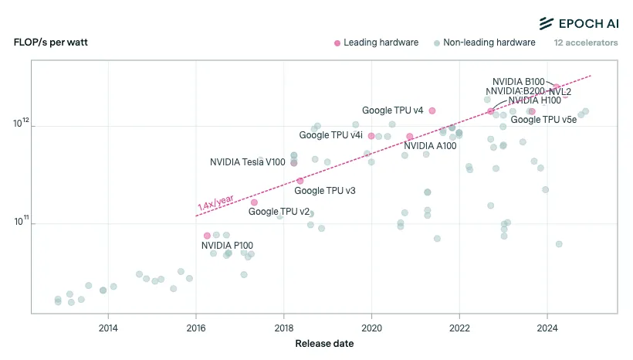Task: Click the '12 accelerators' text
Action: tap(585, 42)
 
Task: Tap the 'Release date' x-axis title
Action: tap(324, 344)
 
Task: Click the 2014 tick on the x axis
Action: tap(108, 327)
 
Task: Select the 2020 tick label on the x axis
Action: tap(372, 327)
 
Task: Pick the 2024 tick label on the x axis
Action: tap(547, 327)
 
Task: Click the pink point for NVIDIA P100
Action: tap(207, 235)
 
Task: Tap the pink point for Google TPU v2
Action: tap(254, 202)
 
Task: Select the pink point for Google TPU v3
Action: tap(300, 181)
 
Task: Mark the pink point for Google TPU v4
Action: tap(432, 110)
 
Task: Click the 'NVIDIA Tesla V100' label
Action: tap(247, 162)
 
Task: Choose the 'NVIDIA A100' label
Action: tap(430, 145)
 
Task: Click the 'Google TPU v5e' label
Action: tap(543, 120)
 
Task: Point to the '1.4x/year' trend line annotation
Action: tap(215, 203)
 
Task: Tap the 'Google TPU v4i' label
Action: tap(330, 135)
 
